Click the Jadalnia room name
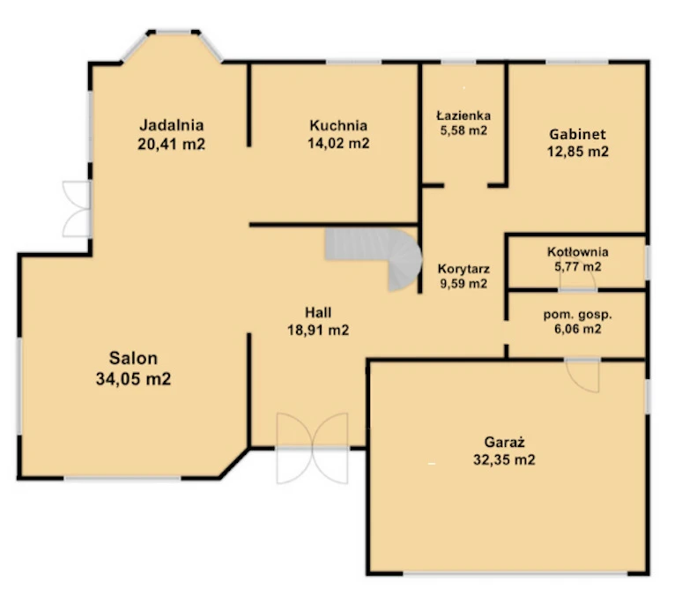(x=171, y=125)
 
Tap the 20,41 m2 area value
(x=171, y=144)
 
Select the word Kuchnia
(x=338, y=125)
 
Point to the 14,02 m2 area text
(x=338, y=143)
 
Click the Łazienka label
(x=463, y=115)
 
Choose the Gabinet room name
(x=578, y=134)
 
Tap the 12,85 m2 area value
(x=578, y=152)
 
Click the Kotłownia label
(x=578, y=251)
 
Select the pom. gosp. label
(x=578, y=315)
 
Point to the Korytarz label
(x=463, y=269)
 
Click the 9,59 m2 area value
(x=463, y=284)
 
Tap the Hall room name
(x=318, y=312)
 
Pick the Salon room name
(x=133, y=358)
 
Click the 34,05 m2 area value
(x=133, y=379)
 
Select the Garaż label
(x=505, y=443)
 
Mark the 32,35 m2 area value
(x=505, y=459)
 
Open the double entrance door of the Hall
(x=312, y=448)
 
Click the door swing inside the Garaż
(x=582, y=375)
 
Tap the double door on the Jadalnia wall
(x=77, y=210)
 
